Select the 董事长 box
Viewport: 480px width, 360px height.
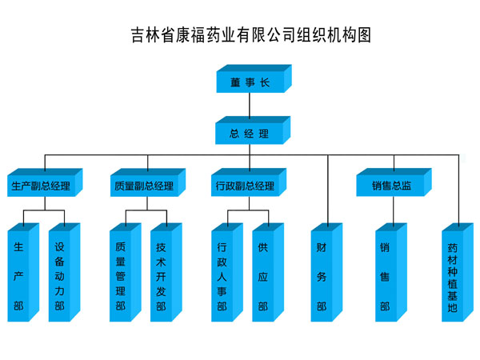(250, 82)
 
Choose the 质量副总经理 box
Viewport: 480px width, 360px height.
(143, 186)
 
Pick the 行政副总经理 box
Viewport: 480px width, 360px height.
(245, 186)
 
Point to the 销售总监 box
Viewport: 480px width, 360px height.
(391, 186)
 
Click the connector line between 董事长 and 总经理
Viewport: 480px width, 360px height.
(250, 105)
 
